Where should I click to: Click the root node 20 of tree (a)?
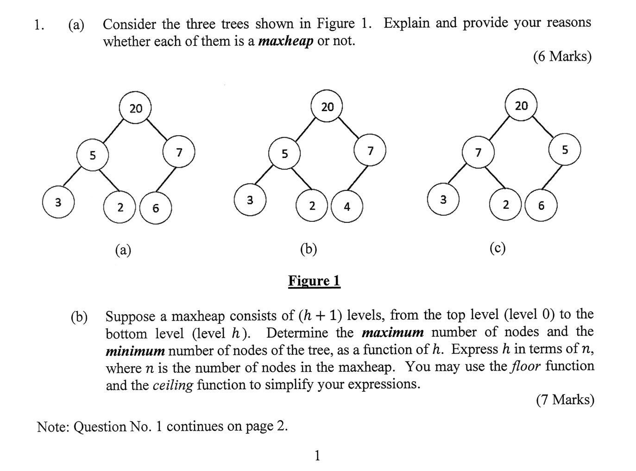135,108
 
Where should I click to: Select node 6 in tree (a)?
156,208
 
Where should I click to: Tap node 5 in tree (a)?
93,155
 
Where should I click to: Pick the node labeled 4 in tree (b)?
347,207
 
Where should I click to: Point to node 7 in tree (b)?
370,151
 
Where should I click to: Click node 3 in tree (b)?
250,200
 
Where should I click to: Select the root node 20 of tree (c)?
521,106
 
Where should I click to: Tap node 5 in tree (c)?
565,150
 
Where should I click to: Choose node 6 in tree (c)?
541,206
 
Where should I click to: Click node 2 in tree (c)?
505,204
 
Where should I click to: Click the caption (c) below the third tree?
497,248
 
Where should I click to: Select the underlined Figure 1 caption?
314,281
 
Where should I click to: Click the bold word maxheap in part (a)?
286,41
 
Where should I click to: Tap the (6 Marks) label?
562,57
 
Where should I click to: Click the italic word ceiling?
172,385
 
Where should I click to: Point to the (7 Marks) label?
565,399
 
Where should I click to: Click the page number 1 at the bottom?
317,456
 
